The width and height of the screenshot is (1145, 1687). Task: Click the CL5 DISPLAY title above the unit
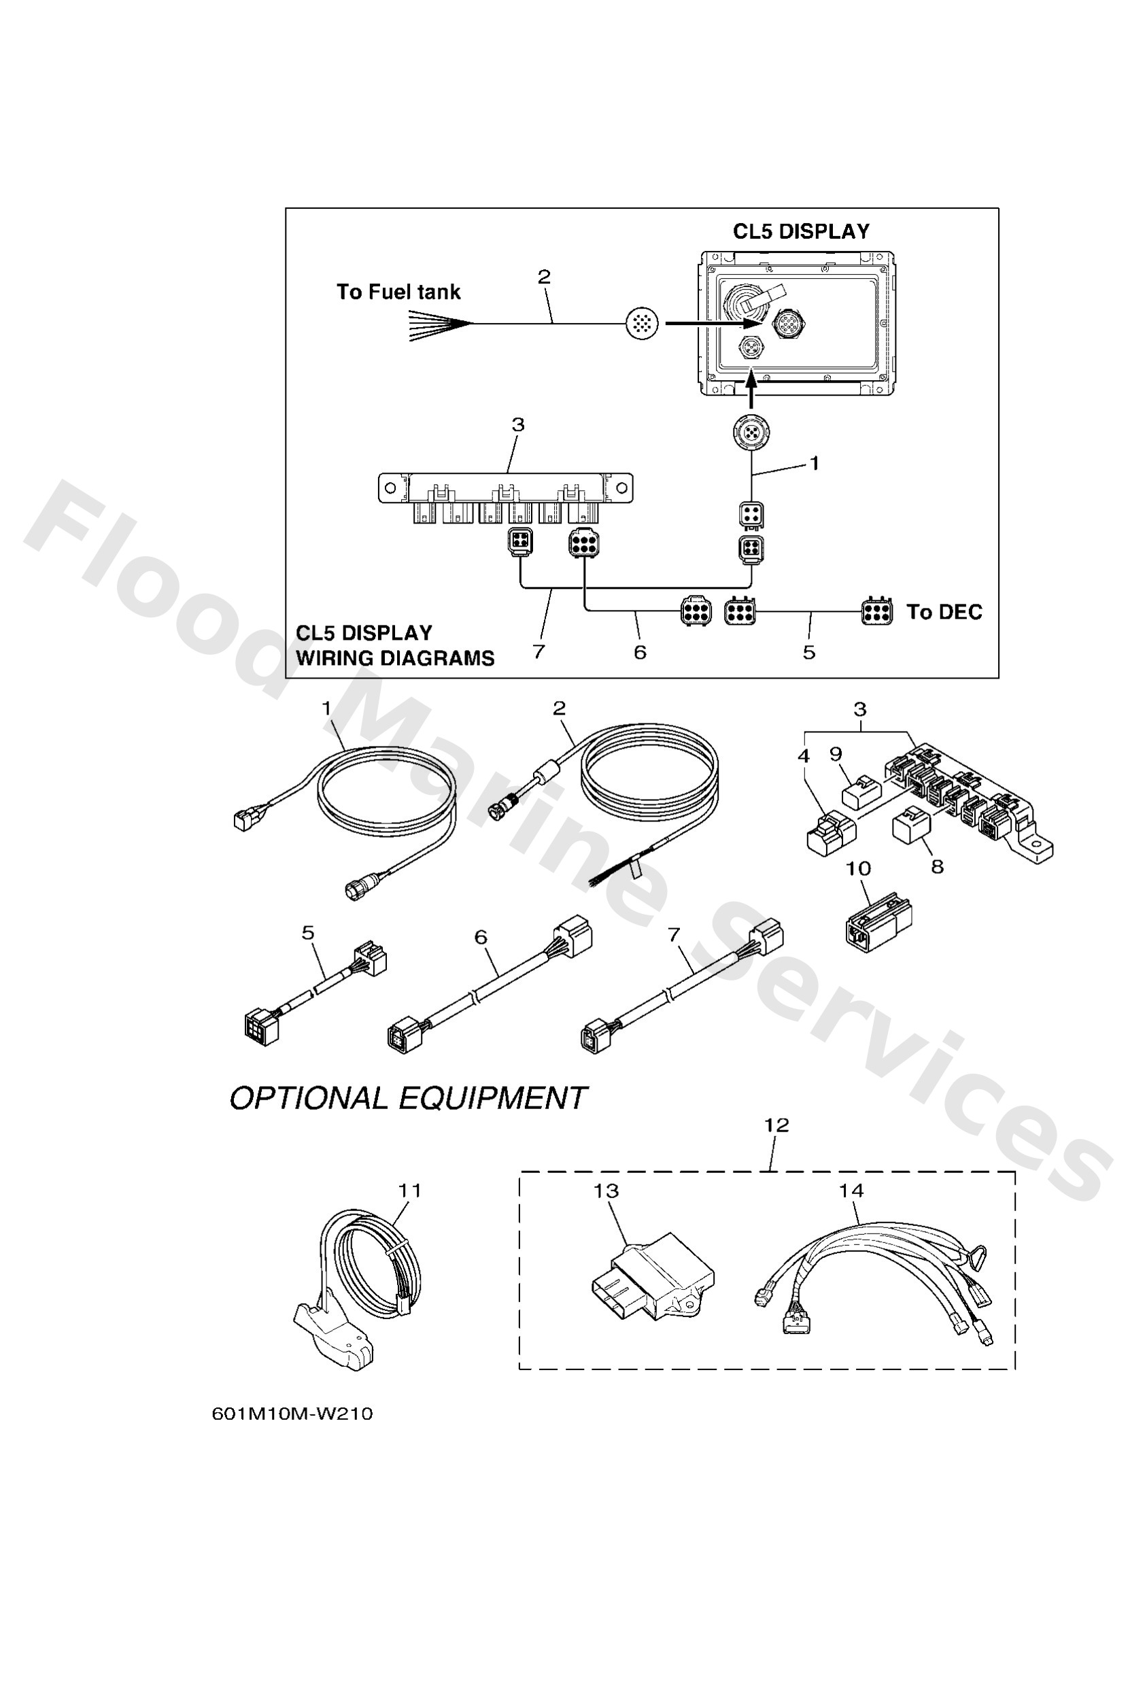pos(800,232)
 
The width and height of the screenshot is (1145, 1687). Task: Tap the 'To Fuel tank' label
pos(398,292)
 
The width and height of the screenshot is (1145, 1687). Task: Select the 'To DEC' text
pos(943,612)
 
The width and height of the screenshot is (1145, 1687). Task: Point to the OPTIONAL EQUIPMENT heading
pos(407,1098)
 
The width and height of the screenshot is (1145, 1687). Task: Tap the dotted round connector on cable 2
pos(642,323)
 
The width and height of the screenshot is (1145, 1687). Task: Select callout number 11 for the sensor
pos(410,1191)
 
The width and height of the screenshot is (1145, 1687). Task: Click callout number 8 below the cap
pos(938,867)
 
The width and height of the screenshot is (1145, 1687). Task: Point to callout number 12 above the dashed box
pos(776,1125)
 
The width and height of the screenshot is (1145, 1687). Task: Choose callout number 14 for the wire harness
pos(851,1191)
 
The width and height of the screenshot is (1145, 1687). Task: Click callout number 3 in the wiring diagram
pos(517,425)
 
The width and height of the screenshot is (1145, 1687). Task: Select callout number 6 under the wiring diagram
pos(640,652)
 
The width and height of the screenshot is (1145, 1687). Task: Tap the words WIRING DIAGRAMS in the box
pos(395,658)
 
